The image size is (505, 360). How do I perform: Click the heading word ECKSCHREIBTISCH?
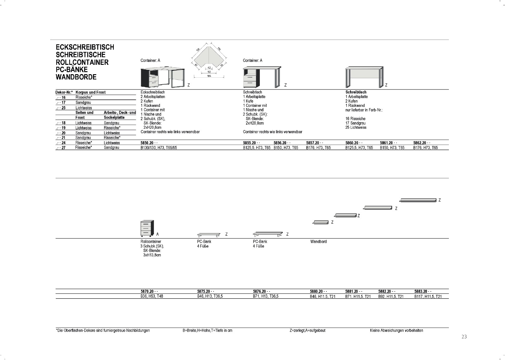click(x=85, y=47)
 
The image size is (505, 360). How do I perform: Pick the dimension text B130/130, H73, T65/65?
click(x=159, y=148)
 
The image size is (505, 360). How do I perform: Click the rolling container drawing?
click(x=147, y=228)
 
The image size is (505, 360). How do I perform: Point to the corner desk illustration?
click(x=162, y=77)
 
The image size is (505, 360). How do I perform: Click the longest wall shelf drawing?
click(x=418, y=200)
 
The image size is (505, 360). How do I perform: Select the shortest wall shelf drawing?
click(x=320, y=223)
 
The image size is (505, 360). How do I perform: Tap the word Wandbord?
click(x=318, y=242)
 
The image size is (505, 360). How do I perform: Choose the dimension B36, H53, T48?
click(x=151, y=296)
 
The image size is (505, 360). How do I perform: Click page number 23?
click(x=464, y=337)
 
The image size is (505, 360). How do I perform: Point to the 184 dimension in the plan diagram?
click(x=209, y=76)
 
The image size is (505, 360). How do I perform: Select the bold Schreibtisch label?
click(x=356, y=92)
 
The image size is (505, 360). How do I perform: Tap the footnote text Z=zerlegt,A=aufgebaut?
click(x=307, y=331)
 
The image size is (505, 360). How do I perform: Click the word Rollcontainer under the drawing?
click(x=151, y=242)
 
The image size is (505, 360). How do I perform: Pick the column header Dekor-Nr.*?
click(x=64, y=93)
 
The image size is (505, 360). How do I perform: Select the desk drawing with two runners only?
click(x=364, y=77)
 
